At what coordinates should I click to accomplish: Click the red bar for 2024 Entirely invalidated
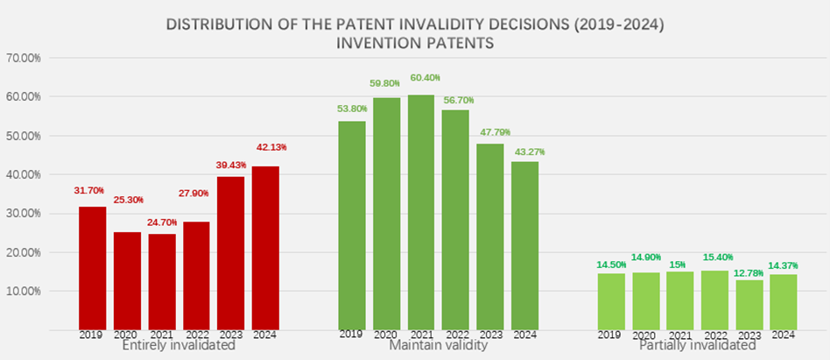[x=265, y=247]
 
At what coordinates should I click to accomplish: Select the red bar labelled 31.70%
[x=93, y=267]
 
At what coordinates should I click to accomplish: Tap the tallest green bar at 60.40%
[x=421, y=211]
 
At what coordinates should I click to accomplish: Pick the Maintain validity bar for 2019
[x=352, y=224]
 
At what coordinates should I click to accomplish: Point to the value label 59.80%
[x=385, y=83]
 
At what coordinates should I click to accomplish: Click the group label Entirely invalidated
[x=179, y=346]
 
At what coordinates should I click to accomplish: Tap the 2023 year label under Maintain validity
[x=490, y=335]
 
